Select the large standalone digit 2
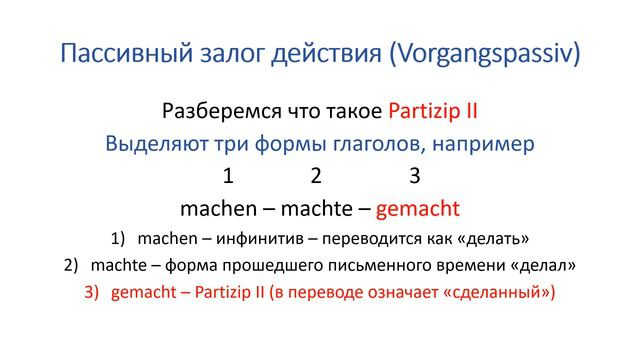click(x=316, y=177)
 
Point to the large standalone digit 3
click(x=414, y=177)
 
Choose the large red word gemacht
click(x=418, y=210)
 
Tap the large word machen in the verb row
click(x=216, y=210)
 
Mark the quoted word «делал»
click(x=545, y=267)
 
